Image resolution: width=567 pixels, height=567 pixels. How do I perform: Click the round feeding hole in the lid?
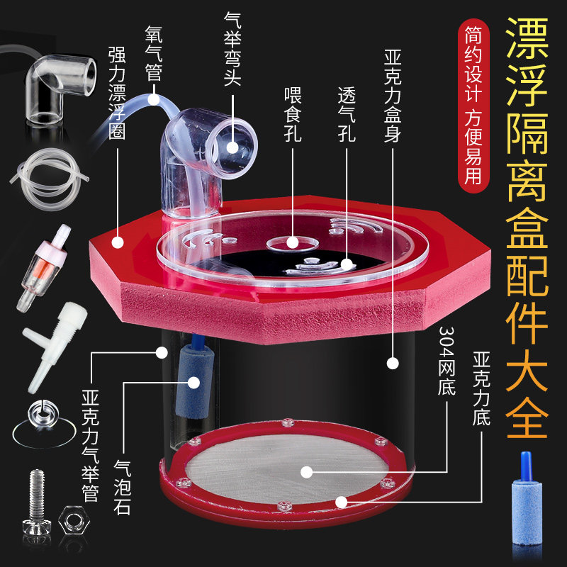[x=292, y=243]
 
